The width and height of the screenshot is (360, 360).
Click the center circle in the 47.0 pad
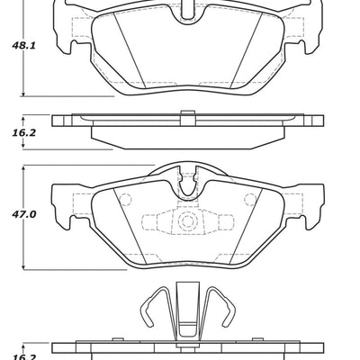point(188,222)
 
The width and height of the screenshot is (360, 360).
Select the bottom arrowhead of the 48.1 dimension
point(24,94)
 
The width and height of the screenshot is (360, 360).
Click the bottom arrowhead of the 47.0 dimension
point(24,268)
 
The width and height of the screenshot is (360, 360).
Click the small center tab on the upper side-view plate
point(188,113)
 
